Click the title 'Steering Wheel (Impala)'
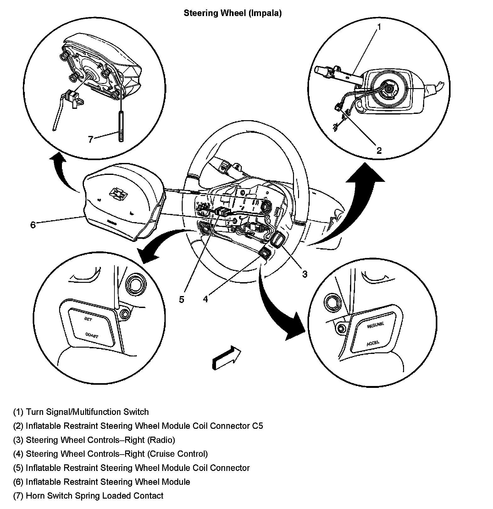point(232,13)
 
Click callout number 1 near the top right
point(379,27)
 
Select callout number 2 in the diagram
point(379,151)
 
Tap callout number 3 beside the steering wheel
point(305,274)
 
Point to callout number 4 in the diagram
point(205,299)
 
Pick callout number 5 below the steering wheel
point(181,299)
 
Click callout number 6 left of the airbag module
point(33,225)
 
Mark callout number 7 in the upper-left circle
point(91,139)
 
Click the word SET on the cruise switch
point(88,319)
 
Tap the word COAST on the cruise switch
point(92,335)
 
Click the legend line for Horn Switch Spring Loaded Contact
point(88,496)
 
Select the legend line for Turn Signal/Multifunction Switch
point(81,412)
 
